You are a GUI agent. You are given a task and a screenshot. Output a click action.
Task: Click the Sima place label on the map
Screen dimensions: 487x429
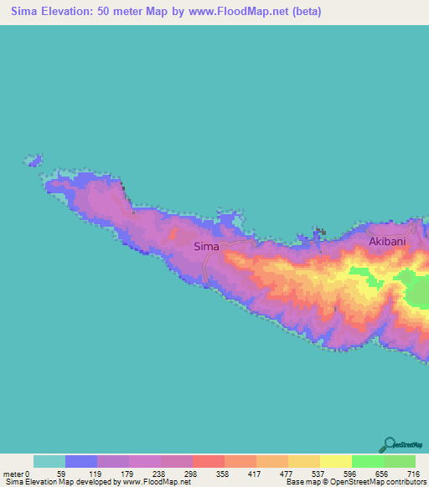click(x=206, y=246)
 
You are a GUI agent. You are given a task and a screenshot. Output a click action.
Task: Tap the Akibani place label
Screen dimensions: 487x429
click(x=387, y=241)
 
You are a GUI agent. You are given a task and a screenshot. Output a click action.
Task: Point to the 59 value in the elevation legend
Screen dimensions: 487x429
click(x=61, y=473)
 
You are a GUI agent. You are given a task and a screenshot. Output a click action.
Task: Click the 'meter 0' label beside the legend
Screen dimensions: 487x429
click(x=17, y=473)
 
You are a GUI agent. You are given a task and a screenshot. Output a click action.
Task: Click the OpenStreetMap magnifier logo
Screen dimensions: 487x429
click(x=390, y=444)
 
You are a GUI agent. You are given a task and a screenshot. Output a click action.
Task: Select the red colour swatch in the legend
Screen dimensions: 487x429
click(x=208, y=461)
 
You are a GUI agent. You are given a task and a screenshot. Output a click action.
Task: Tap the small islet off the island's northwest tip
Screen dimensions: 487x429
click(x=34, y=158)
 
